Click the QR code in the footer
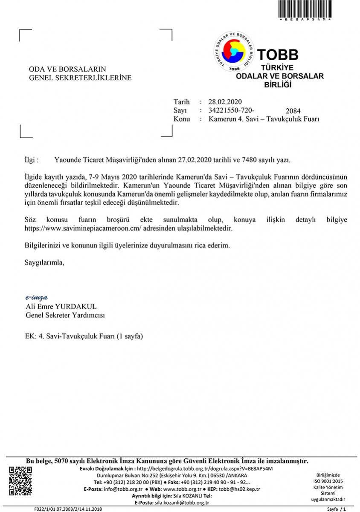[20, 482]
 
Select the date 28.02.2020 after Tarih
[225, 102]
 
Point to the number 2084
[293, 111]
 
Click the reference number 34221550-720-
[234, 110]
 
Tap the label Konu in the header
[182, 119]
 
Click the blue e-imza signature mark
[36, 297]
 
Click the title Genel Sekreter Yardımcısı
[65, 315]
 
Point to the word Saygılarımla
[44, 262]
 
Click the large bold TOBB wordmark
[277, 55]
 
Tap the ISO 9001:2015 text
[328, 481]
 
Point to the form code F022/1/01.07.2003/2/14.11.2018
[68, 509]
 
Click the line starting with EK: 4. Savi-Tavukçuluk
[84, 336]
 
